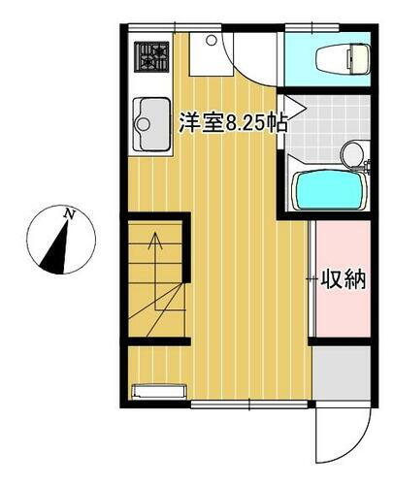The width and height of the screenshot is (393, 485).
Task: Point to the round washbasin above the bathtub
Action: [353, 152]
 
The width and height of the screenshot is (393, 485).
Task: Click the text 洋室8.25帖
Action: [234, 123]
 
